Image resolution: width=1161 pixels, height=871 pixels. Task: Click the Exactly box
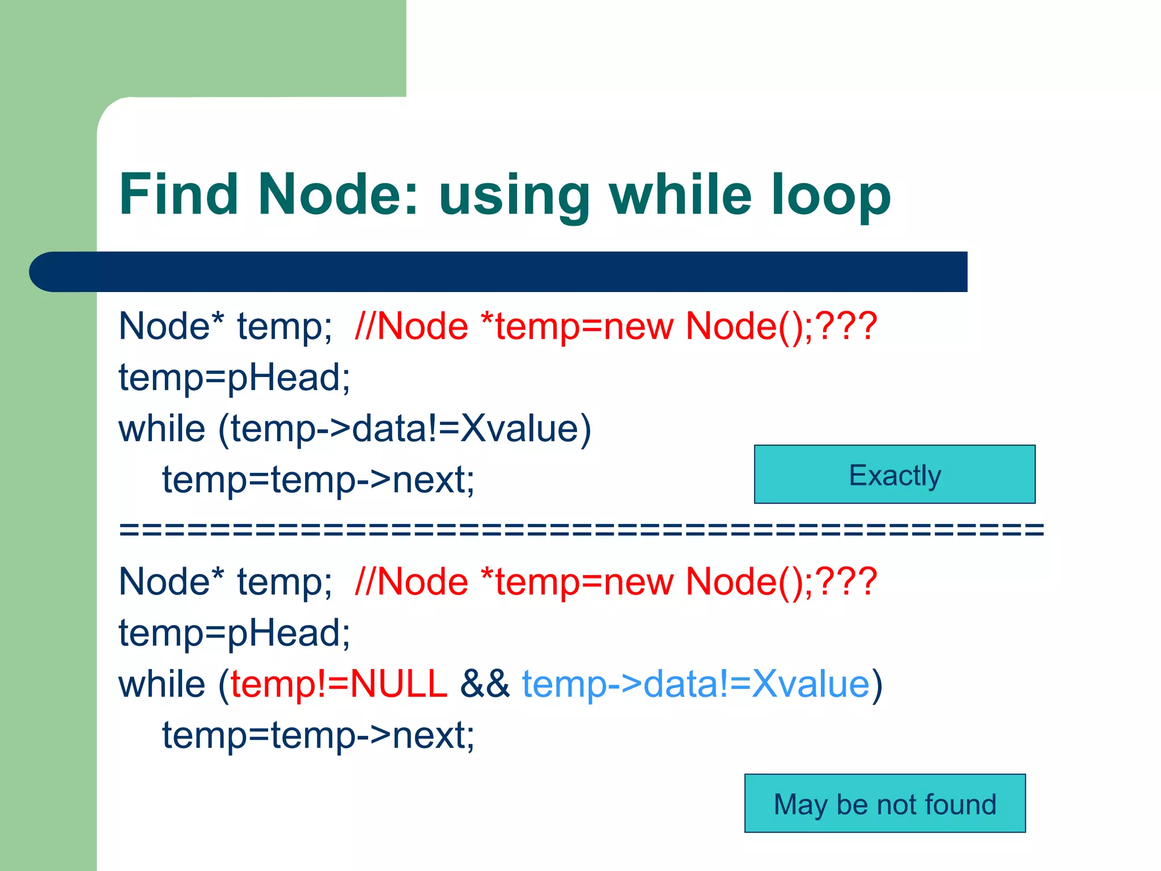tap(894, 475)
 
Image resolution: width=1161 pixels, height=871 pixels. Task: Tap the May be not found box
tap(884, 804)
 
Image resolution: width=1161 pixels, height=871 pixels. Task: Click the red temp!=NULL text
tap(339, 683)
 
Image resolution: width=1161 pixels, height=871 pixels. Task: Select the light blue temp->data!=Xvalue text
tap(696, 683)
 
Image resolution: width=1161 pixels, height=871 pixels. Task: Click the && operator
tap(485, 683)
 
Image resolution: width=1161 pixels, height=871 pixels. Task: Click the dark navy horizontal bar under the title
tap(499, 272)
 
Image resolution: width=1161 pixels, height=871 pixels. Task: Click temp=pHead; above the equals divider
tap(234, 377)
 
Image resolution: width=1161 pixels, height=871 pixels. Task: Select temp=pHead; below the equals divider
tap(234, 632)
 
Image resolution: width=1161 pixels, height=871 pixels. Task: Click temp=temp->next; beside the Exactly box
tap(318, 480)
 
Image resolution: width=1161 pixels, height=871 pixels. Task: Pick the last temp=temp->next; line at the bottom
tap(318, 735)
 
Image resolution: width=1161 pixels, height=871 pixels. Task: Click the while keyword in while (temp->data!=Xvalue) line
tap(162, 428)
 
